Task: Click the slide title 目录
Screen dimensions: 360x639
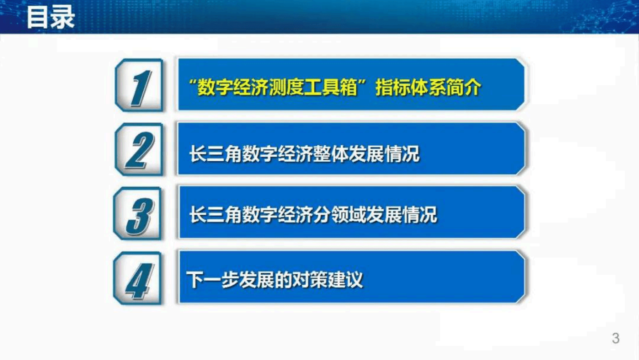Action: tap(50, 17)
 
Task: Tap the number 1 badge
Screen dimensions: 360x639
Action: tap(139, 85)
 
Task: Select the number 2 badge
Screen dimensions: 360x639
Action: tap(139, 149)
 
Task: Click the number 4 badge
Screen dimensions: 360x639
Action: tap(138, 279)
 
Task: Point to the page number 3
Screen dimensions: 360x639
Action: tap(615, 338)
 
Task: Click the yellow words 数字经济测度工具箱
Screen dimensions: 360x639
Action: tap(277, 87)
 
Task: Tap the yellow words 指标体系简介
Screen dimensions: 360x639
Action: tap(428, 87)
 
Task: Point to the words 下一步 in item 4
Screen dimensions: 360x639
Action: tap(212, 279)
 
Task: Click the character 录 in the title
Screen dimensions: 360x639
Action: tap(62, 17)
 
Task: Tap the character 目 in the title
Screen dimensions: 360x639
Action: tap(37, 17)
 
